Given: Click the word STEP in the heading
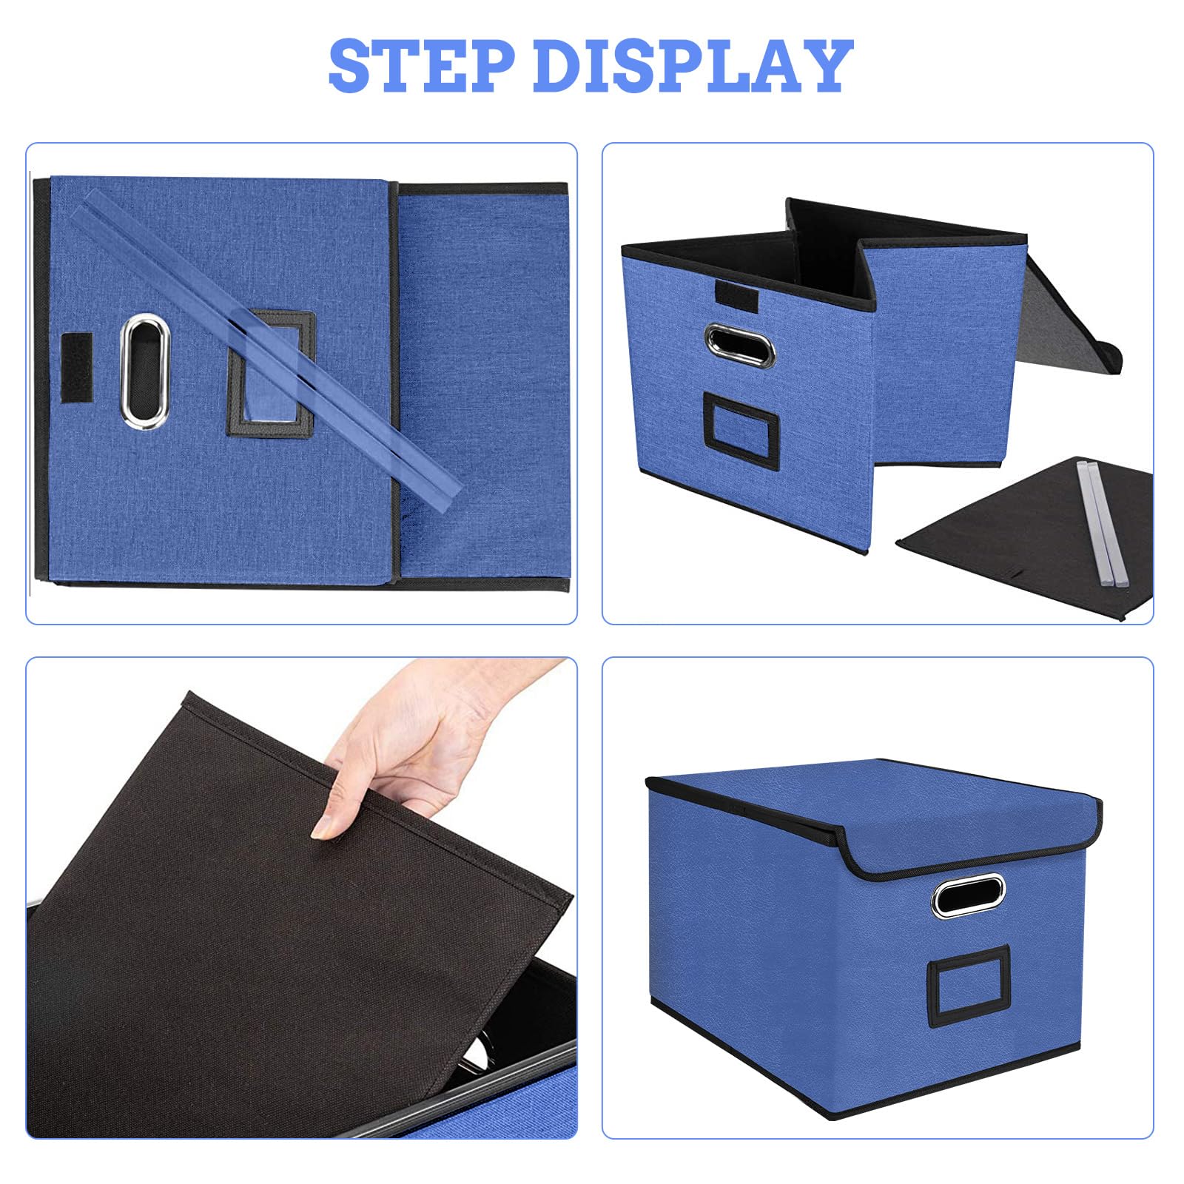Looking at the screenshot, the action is coord(422,66).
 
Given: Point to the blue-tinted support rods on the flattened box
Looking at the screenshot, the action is coord(270,344).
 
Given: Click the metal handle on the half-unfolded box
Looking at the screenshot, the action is coord(739,344).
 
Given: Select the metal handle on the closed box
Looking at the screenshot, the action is coord(968,896).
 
